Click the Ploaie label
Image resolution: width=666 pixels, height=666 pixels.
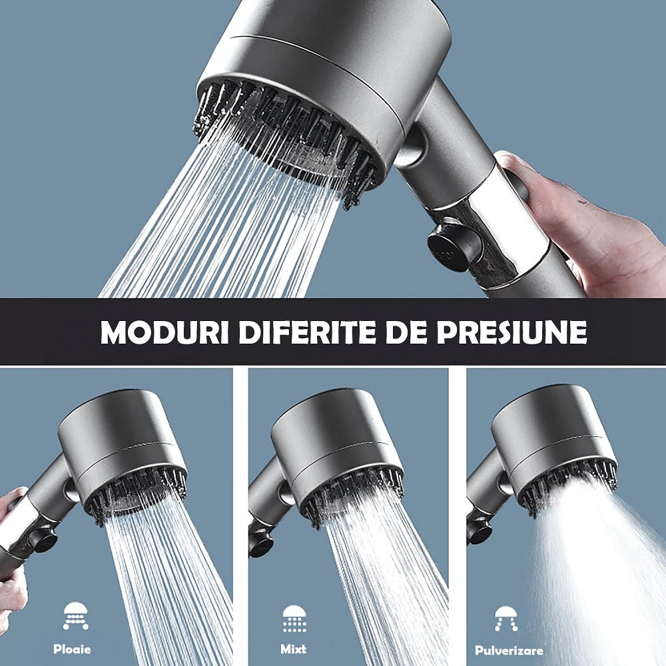72,649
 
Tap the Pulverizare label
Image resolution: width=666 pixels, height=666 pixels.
509,650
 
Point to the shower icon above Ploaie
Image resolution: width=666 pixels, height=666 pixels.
75,616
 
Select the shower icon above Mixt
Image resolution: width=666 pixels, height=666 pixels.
294,617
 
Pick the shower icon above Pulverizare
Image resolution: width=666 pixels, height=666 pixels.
507,619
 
